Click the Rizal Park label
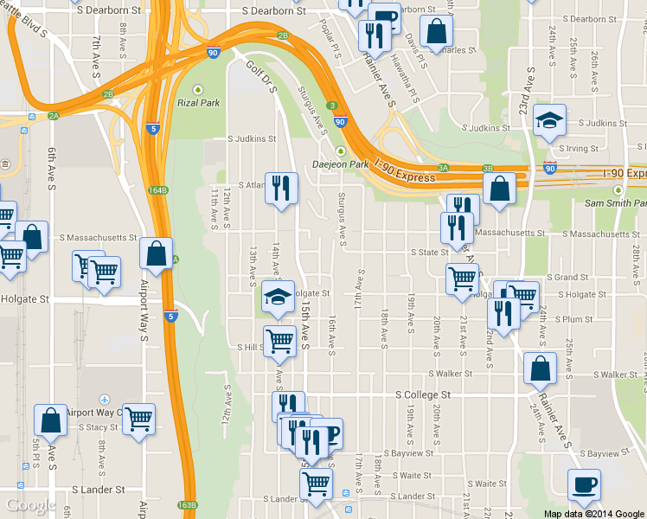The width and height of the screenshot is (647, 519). [200, 103]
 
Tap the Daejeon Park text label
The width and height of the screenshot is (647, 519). [341, 164]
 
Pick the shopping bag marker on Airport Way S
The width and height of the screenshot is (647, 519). [156, 254]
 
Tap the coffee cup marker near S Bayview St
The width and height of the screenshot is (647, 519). [583, 485]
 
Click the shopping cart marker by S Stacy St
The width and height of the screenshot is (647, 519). [138, 420]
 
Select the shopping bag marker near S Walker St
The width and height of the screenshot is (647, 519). [540, 368]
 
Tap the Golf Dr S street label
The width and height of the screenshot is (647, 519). [259, 77]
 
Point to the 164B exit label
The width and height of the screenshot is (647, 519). [157, 190]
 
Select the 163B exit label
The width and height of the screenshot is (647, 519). [187, 505]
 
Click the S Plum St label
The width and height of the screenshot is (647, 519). [575, 319]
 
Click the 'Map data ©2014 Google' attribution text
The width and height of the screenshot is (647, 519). [594, 514]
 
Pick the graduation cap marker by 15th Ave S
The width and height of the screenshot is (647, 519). [279, 297]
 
